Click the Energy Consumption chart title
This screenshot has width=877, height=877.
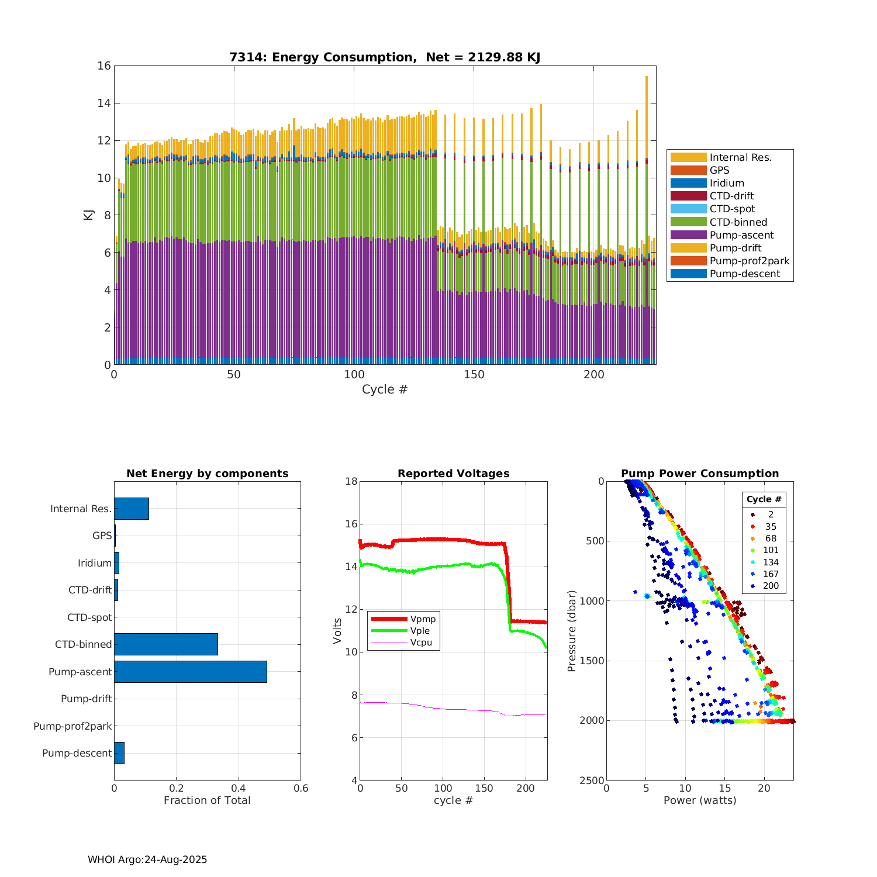tap(384, 57)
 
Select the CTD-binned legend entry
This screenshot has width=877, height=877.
tap(738, 222)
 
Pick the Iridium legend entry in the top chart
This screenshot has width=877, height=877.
tap(727, 183)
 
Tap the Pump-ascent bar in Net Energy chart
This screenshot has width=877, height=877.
tap(190, 672)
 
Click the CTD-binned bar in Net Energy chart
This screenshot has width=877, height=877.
tap(165, 644)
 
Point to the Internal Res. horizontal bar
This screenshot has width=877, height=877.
tap(131, 509)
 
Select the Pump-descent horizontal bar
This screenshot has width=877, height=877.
tap(119, 753)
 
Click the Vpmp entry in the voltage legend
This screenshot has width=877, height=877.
tap(423, 619)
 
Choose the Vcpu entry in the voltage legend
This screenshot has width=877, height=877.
tap(421, 643)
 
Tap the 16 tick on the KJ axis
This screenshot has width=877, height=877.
tap(104, 65)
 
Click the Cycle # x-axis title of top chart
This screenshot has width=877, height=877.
tap(384, 389)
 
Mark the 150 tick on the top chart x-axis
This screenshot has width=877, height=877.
tap(474, 375)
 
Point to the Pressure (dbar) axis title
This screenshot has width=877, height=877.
tap(572, 631)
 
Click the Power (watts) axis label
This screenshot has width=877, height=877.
tap(700, 800)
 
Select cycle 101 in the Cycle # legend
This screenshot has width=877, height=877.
tap(771, 550)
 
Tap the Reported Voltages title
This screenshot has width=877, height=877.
tap(453, 474)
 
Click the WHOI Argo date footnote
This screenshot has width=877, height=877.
tap(147, 859)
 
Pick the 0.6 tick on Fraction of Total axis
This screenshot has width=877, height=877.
tap(301, 788)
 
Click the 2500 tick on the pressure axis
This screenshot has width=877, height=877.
tap(593, 781)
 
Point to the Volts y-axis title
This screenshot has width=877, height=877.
tap(337, 631)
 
